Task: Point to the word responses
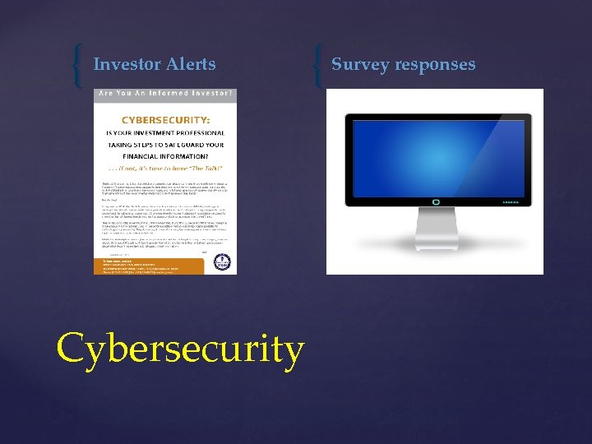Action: pyautogui.click(x=437, y=64)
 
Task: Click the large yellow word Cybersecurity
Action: pyautogui.click(x=180, y=348)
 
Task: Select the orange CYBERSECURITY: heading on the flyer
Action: pyautogui.click(x=166, y=120)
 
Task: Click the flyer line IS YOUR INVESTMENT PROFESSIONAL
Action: pyautogui.click(x=166, y=132)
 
